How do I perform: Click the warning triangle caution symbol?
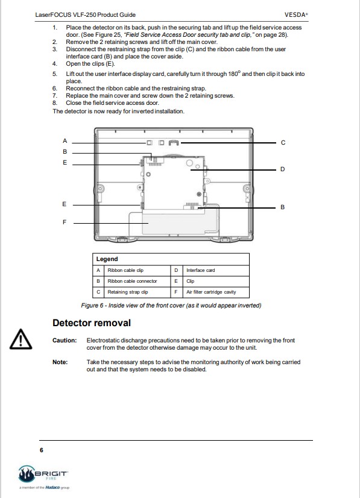click(21, 339)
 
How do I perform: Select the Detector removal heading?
click(92, 323)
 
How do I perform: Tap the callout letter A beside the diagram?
click(65, 140)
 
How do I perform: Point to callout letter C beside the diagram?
click(283, 143)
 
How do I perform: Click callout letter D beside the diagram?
click(282, 169)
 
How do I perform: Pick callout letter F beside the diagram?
click(65, 222)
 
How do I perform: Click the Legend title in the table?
click(107, 259)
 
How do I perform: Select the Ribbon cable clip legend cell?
click(125, 270)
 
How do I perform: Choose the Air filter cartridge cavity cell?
click(211, 292)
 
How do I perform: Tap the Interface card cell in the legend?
click(200, 270)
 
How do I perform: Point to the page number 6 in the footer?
click(41, 450)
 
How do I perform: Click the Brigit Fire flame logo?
click(26, 474)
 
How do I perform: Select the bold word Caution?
click(65, 341)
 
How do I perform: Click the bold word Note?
click(60, 362)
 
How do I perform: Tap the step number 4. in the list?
click(55, 63)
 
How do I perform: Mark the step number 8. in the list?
click(55, 103)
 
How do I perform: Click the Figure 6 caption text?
click(171, 306)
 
